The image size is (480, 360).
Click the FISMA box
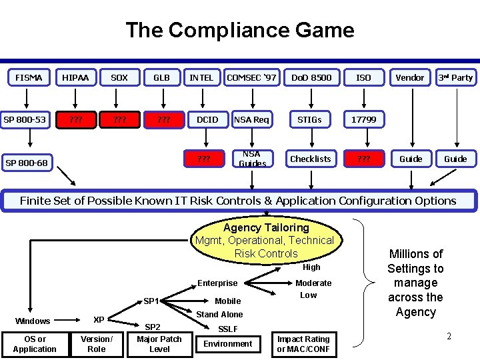pos(29,77)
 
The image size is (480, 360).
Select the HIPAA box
pos(75,77)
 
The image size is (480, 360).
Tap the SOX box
pos(119,77)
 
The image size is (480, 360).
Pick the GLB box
pos(161,77)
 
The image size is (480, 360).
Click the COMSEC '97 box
pos(251,77)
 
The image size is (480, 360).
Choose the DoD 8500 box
pos(311,77)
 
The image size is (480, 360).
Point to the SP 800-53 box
pos(25,119)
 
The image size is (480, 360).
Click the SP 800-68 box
pos(27,163)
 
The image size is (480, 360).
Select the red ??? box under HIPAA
pos(75,120)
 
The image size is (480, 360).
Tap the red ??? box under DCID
pos(204,159)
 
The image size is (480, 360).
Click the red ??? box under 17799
pos(363,159)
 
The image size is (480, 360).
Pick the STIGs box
pos(309,119)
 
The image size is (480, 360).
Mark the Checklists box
pos(310,159)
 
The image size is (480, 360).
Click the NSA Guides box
pos(252,159)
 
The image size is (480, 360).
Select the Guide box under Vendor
pos(411,159)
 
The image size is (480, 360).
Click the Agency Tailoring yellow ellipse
pos(265,239)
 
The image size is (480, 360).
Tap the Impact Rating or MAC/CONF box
pos(303,344)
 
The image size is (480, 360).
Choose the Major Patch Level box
pos(159,344)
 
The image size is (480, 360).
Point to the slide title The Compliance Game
pos(240,30)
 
